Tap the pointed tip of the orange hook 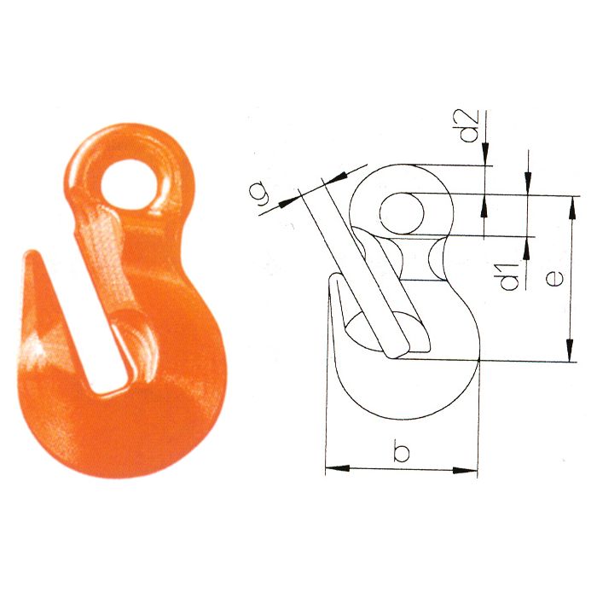(x=30, y=255)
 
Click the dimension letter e (x=555, y=278)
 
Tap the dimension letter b (x=401, y=450)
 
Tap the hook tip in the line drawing (x=333, y=281)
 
